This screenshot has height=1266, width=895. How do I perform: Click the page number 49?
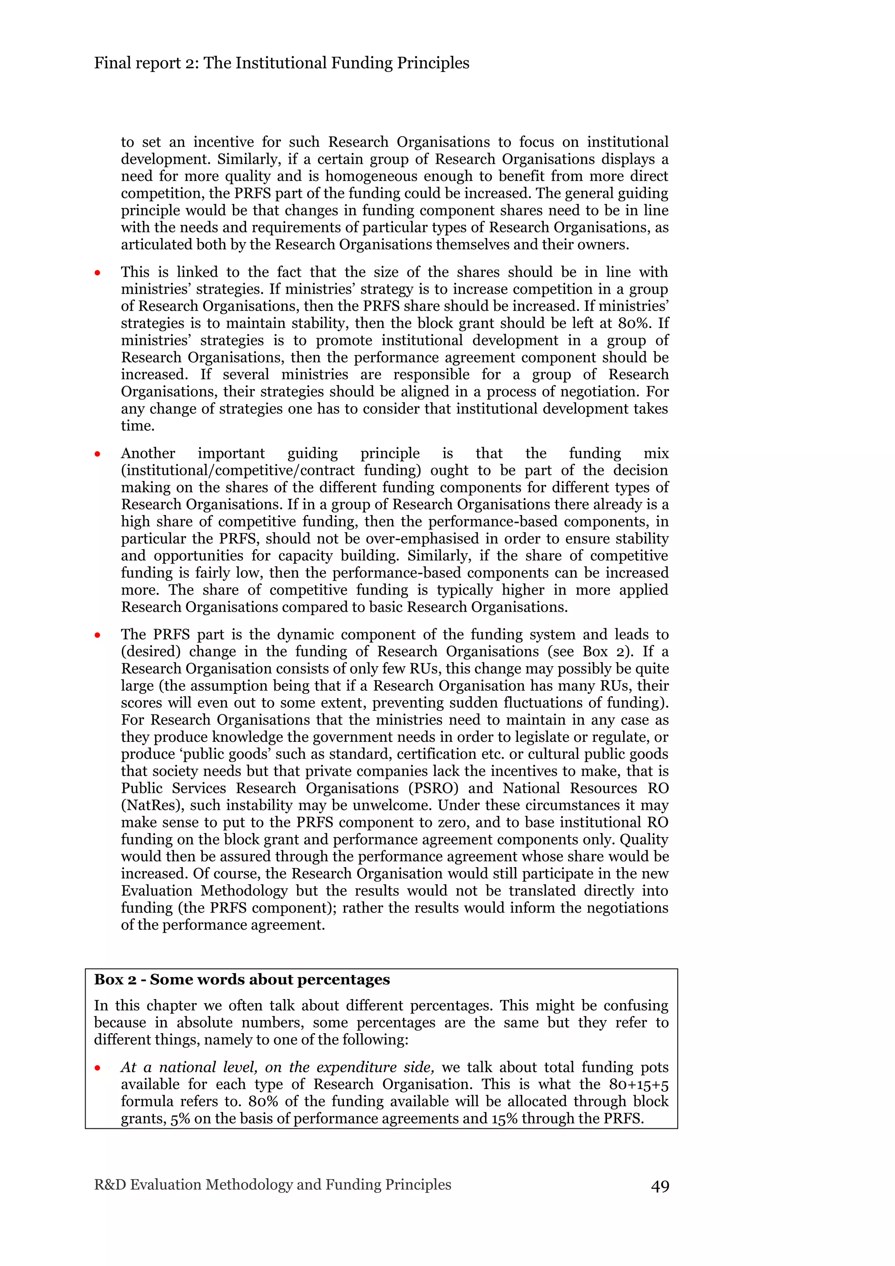[x=659, y=1186]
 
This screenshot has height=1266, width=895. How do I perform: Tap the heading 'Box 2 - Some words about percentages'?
[x=242, y=979]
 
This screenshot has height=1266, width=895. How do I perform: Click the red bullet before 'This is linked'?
[x=97, y=273]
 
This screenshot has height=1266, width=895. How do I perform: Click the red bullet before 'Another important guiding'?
[x=97, y=454]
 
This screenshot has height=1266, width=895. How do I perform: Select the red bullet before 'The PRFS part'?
[x=97, y=635]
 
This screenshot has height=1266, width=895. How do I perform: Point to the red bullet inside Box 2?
[x=97, y=1068]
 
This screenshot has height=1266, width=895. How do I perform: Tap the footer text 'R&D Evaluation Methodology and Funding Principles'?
[x=272, y=1184]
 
